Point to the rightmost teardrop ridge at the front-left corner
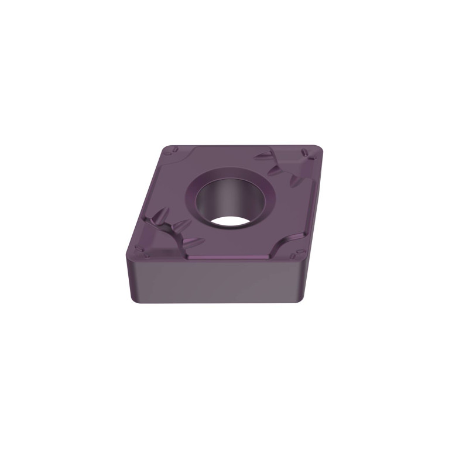click(x=193, y=241)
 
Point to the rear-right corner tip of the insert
click(x=319, y=150)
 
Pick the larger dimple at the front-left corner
click(x=144, y=251)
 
